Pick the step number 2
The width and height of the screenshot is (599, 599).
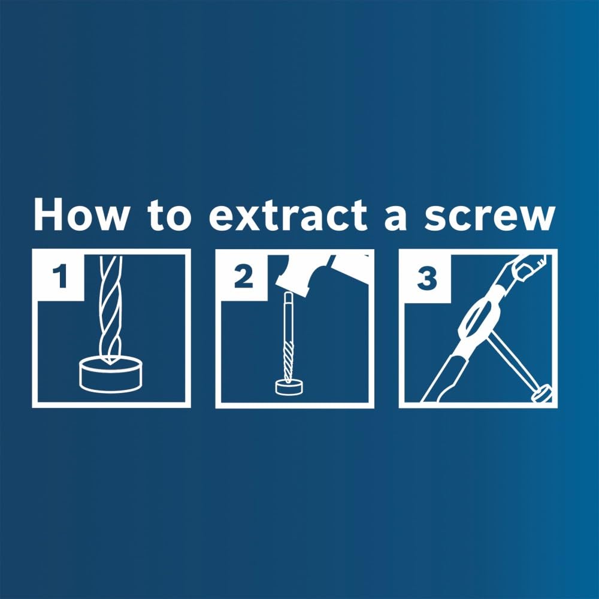click(x=243, y=277)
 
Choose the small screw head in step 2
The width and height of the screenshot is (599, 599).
click(x=288, y=387)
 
